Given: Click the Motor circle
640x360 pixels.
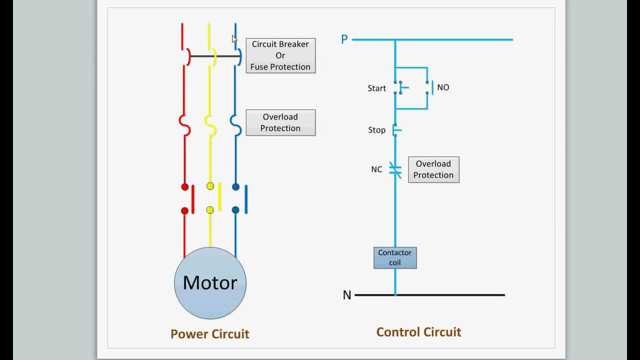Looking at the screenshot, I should pyautogui.click(x=210, y=283).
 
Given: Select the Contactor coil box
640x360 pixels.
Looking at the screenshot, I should pyautogui.click(x=395, y=257).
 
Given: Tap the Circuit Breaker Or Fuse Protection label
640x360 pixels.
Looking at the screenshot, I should pyautogui.click(x=280, y=55).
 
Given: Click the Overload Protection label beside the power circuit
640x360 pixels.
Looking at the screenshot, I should pyautogui.click(x=280, y=122).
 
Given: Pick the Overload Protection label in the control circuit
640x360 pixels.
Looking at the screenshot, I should pyautogui.click(x=433, y=169).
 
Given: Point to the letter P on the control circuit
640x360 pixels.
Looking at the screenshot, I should pyautogui.click(x=344, y=39).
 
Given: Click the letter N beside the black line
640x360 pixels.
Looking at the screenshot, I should pyautogui.click(x=347, y=295).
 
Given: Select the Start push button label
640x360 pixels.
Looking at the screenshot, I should pyautogui.click(x=376, y=88).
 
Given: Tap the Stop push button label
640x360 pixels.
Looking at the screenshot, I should pyautogui.click(x=376, y=130).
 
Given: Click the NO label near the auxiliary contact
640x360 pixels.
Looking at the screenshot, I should pyautogui.click(x=443, y=87).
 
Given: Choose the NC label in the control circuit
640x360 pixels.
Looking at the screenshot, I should pyautogui.click(x=376, y=169).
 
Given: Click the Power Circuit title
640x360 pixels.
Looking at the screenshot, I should pyautogui.click(x=209, y=334).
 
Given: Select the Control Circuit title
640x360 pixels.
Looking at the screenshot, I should pyautogui.click(x=418, y=332).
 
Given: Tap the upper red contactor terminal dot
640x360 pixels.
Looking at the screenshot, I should pyautogui.click(x=184, y=187).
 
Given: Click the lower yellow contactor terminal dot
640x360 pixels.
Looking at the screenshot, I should pyautogui.click(x=210, y=210).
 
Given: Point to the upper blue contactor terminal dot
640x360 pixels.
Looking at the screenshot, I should pyautogui.click(x=235, y=187).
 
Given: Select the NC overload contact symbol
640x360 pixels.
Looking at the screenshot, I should pyautogui.click(x=395, y=170).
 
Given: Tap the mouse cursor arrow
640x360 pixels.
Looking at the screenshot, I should pyautogui.click(x=234, y=39).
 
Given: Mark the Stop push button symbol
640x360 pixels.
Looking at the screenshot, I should pyautogui.click(x=396, y=130).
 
